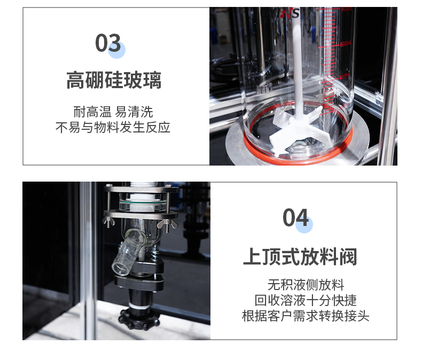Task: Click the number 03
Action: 108,43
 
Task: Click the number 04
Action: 295,217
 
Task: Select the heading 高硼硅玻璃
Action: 114,80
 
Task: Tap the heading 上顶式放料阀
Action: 300,257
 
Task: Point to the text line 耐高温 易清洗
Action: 113,112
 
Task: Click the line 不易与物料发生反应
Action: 113,127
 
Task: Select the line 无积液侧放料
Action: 306,285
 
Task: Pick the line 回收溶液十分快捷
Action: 306,300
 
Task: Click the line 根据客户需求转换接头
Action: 306,316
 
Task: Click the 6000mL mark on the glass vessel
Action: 346,44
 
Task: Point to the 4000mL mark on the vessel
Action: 345,76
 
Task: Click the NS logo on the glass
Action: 290,13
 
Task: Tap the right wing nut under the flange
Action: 167,223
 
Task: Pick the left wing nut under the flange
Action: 109,222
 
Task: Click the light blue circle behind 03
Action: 116,50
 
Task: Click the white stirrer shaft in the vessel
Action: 296,71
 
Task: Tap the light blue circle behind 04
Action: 304,224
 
